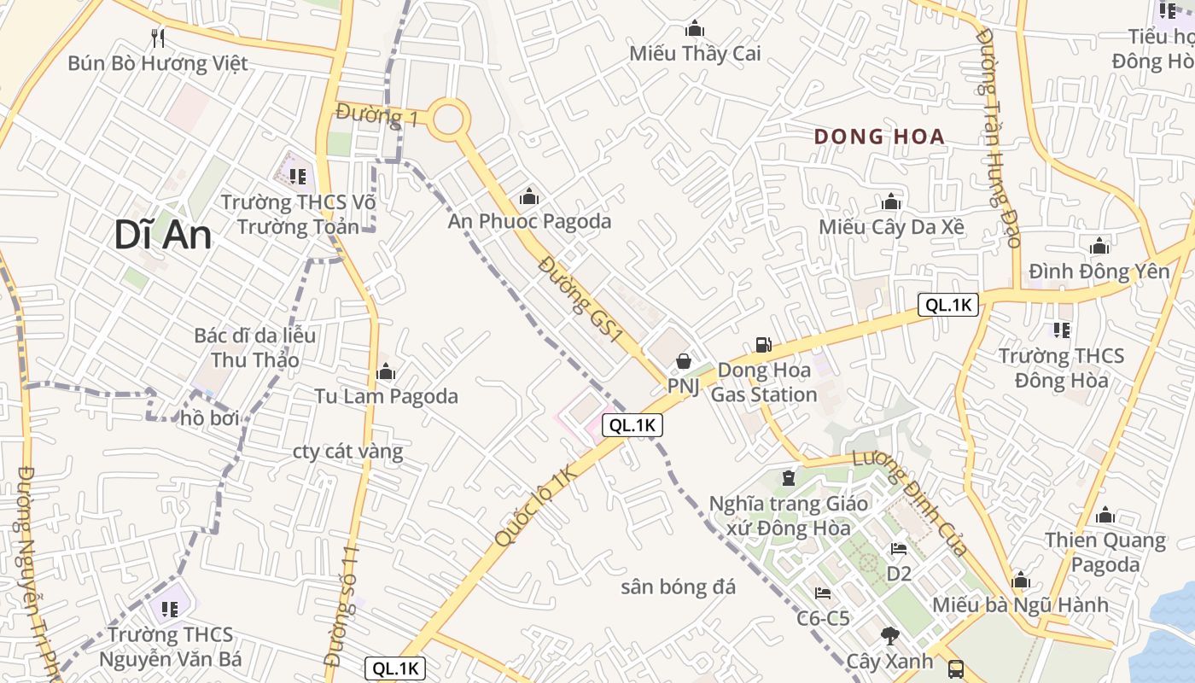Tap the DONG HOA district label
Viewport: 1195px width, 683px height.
pos(879,137)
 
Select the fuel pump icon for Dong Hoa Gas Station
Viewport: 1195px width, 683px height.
pos(763,345)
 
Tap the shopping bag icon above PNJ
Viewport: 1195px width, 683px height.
pos(683,361)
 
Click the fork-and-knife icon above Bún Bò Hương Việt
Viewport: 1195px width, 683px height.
pos(157,38)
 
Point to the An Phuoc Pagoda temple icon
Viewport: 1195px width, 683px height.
pos(529,197)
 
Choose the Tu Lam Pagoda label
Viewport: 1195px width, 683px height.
pos(386,396)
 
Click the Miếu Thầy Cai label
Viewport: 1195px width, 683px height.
pos(695,54)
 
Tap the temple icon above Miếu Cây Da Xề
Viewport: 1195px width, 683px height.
pos(891,202)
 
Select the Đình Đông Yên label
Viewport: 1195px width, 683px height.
pos(1099,271)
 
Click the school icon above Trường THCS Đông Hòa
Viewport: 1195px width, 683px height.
pos(1061,330)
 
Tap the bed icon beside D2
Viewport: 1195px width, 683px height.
pos(898,549)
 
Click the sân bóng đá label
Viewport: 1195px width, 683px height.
pos(678,587)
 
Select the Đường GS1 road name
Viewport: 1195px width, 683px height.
pos(580,300)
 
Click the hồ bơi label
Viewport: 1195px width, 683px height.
pos(210,418)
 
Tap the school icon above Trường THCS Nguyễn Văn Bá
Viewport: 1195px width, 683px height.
pos(169,609)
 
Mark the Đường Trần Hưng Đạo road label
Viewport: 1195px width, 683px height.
pos(998,137)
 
